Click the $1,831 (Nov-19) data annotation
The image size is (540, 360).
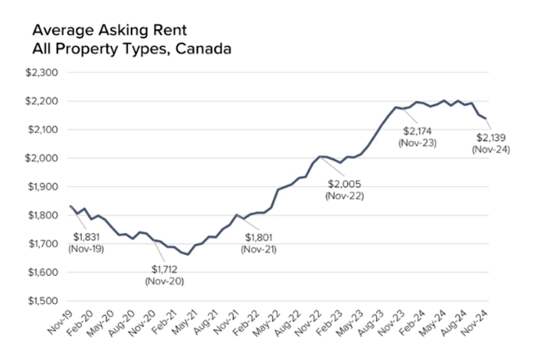[85, 243]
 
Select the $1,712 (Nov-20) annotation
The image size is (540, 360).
[164, 275]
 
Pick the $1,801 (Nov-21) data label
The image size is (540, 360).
[259, 243]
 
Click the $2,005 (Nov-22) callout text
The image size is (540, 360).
[344, 190]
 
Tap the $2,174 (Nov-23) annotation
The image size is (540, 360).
[417, 137]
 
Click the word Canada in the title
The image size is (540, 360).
[204, 48]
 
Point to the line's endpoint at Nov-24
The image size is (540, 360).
[485, 118]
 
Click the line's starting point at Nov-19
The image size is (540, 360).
[71, 206]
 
